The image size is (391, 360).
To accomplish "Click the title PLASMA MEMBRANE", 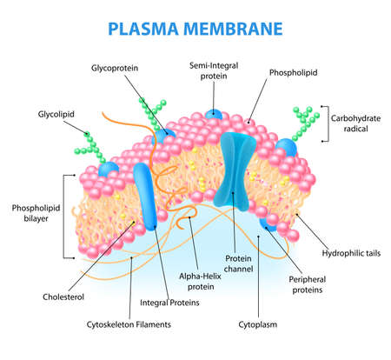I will click(195, 27).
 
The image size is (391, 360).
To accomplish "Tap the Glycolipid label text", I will click(56, 113).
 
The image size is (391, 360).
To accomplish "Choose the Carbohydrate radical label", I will click(355, 123).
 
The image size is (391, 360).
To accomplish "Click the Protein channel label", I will click(240, 263).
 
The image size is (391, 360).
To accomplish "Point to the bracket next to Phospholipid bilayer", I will click(64, 215).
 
